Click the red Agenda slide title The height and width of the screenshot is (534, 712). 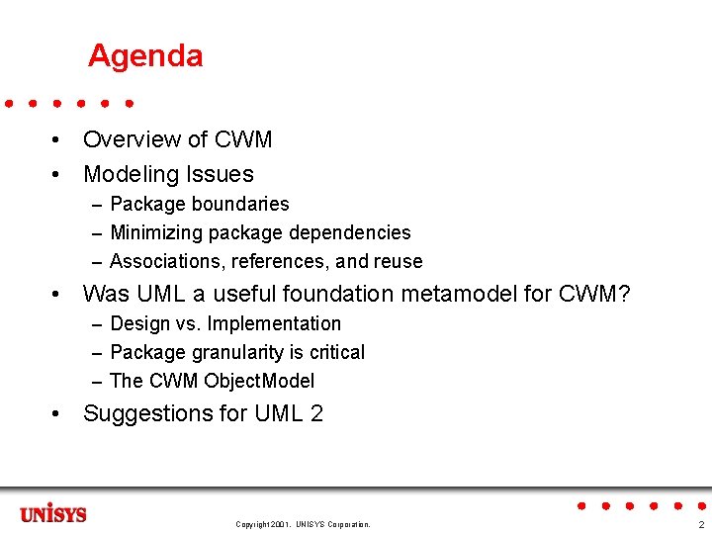(145, 55)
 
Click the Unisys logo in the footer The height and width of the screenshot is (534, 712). (53, 515)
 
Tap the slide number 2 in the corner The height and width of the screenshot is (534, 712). (701, 524)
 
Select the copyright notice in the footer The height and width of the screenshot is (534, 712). (303, 524)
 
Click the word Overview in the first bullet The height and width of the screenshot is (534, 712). (129, 140)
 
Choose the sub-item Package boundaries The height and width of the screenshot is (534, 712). (199, 205)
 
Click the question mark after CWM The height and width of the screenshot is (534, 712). (623, 295)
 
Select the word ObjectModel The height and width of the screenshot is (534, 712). (259, 382)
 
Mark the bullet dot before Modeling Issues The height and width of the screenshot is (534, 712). (60, 175)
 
